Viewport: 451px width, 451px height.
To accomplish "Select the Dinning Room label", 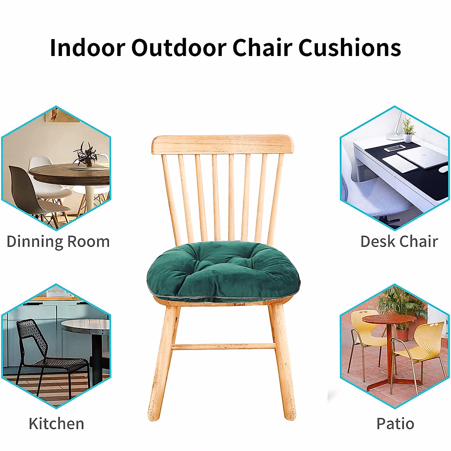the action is point(58,242).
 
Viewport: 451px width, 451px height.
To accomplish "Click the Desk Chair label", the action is point(399,242).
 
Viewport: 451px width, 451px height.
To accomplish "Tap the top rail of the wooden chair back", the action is point(223,144).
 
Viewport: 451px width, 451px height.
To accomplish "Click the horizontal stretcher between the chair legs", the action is point(224,347).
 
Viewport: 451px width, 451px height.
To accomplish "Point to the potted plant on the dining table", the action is point(86,156).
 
